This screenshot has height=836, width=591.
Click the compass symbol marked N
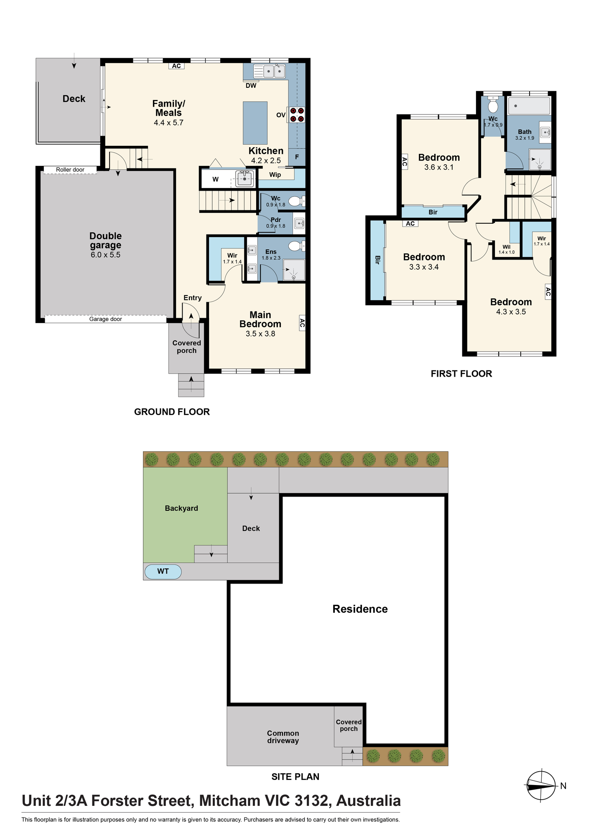pos(541,785)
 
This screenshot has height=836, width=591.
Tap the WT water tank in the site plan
pos(163,571)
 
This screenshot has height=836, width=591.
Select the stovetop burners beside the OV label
pos(297,115)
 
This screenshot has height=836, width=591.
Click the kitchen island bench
pos(255,123)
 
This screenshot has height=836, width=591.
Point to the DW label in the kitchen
pos(251,86)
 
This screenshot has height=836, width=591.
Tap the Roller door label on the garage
pos(70,170)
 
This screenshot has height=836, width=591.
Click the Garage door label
pos(106,319)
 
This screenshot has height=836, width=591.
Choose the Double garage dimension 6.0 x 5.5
pos(106,255)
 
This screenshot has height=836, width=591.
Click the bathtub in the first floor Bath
pos(529,106)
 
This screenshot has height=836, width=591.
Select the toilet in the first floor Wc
pos(493,104)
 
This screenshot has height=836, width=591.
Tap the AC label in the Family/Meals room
pos(176,66)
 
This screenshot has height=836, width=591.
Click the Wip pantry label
pos(275,175)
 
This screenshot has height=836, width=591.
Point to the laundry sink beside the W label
pos(245,179)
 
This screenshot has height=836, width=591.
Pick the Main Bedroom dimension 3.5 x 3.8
pos(260,334)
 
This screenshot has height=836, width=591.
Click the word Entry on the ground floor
pos(193,298)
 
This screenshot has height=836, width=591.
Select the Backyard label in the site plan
pos(181,508)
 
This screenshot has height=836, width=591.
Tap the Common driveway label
pos(283,737)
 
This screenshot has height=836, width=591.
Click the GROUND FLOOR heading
pos(172,412)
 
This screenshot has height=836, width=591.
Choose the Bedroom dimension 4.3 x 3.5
pos(511,312)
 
